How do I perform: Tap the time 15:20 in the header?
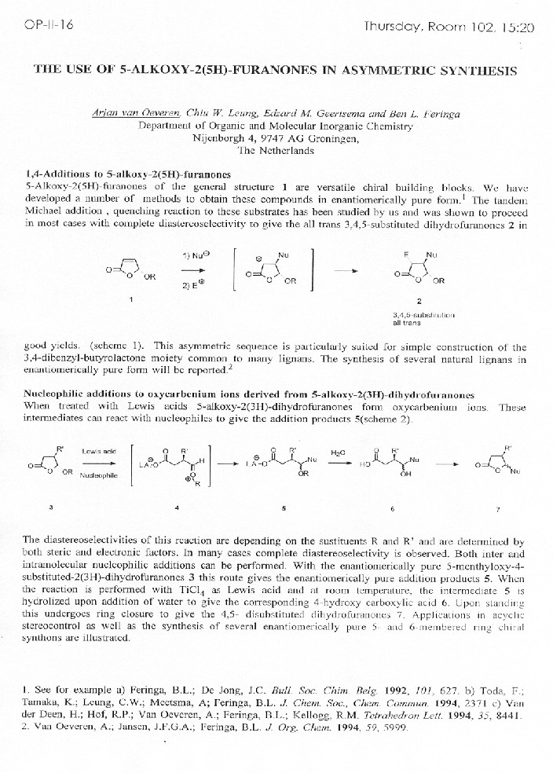coord(515,27)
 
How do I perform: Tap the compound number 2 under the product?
coord(419,301)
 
